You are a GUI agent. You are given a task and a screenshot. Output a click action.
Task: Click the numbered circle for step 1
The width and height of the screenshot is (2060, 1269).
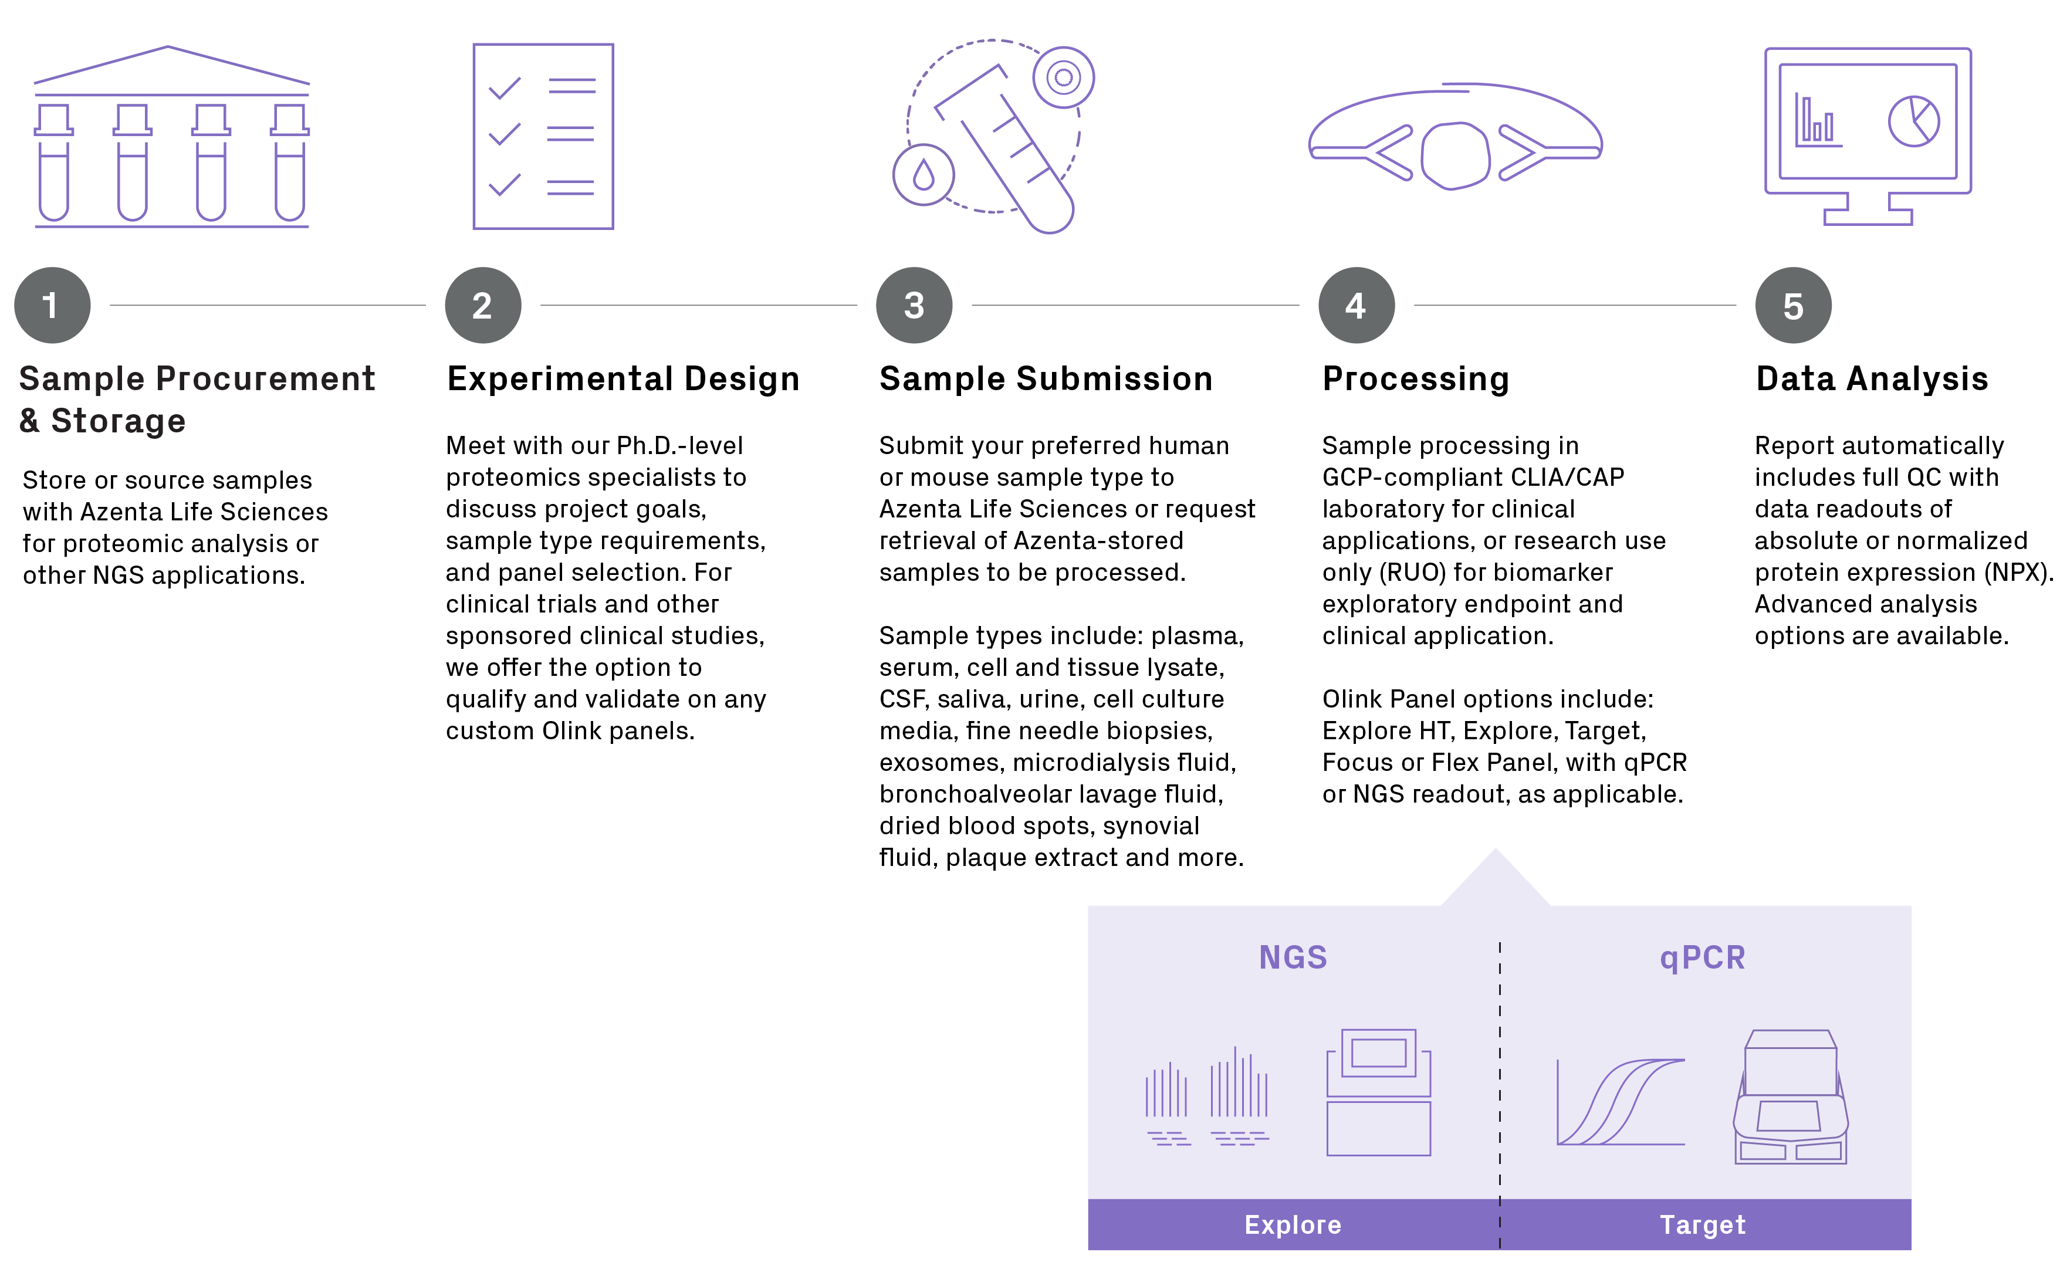[52, 306]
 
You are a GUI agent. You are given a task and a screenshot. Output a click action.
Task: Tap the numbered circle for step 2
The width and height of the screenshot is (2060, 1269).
[482, 306]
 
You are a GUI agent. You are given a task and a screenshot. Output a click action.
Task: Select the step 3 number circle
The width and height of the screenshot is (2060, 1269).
[914, 306]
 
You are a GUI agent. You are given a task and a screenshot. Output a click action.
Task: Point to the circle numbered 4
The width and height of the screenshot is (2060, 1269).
[1356, 306]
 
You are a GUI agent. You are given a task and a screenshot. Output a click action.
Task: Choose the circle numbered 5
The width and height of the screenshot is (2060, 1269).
[1793, 306]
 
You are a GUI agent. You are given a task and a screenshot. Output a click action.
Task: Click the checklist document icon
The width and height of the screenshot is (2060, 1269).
[543, 136]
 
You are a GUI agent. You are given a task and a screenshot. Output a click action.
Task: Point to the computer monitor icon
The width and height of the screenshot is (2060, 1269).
[1868, 134]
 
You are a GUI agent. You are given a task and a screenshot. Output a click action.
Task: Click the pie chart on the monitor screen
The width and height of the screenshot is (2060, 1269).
[1914, 121]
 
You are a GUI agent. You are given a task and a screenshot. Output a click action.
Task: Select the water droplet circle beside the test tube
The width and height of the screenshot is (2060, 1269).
[923, 175]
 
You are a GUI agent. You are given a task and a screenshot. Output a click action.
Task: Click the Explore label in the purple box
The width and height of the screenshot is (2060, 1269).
[1292, 1224]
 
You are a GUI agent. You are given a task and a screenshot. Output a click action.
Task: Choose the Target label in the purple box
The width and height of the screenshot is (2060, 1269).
[1703, 1224]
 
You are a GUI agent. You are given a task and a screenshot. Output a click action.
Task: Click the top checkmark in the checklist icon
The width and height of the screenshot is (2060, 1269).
[505, 87]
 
